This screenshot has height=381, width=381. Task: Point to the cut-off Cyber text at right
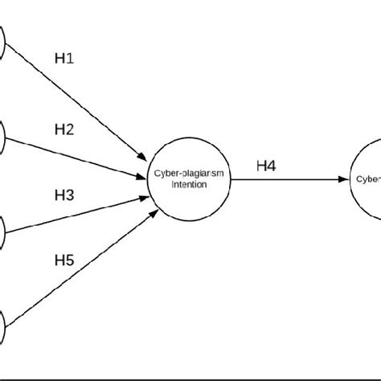click(x=368, y=180)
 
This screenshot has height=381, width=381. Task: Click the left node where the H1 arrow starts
click(x=3, y=45)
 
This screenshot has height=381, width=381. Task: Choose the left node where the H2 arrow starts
click(x=3, y=138)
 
